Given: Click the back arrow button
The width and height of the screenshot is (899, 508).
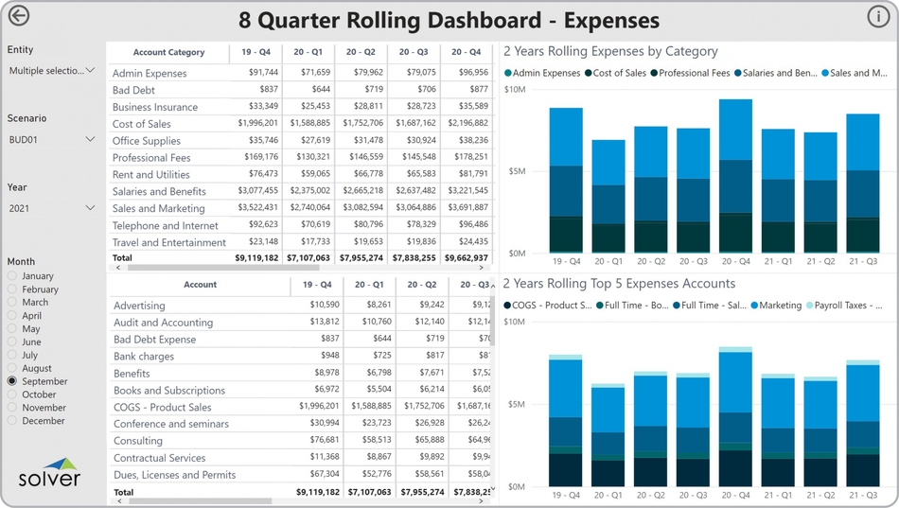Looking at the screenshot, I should coord(18,16).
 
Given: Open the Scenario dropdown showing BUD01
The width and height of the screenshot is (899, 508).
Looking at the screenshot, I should coord(52,139).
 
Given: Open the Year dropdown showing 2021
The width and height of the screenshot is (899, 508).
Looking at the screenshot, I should coord(52,208).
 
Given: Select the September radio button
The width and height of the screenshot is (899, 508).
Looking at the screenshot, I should coord(12,381).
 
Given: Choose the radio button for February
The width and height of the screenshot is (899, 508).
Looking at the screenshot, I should coord(12,289).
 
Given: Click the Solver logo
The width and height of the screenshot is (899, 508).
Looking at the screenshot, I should coord(50,471).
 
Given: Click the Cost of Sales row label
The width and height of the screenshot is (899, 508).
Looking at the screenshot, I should coord(142,124).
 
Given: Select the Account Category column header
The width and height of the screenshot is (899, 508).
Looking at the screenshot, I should coord(168,53).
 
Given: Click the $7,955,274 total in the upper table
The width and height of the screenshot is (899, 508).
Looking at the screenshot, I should coord(361,257).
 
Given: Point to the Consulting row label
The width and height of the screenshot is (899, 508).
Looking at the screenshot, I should coord(138,441).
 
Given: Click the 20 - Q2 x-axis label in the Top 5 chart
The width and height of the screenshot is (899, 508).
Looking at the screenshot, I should coord(651,495).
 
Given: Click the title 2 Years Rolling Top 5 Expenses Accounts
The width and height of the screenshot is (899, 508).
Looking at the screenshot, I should coord(619,283).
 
